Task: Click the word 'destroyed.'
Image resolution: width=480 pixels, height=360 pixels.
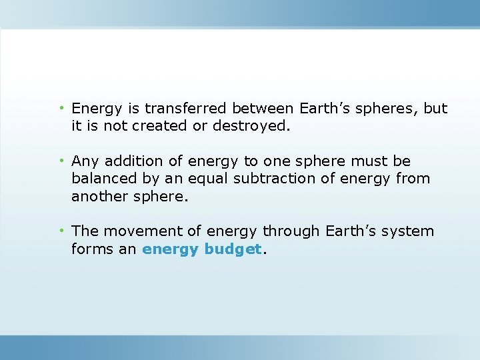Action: click(251, 126)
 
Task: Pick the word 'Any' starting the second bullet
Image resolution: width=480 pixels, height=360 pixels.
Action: click(84, 161)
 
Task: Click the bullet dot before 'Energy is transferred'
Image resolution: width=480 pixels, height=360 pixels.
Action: click(61, 108)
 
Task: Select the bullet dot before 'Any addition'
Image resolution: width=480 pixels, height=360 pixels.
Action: click(61, 161)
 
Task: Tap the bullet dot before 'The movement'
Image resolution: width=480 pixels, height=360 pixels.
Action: click(61, 231)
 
